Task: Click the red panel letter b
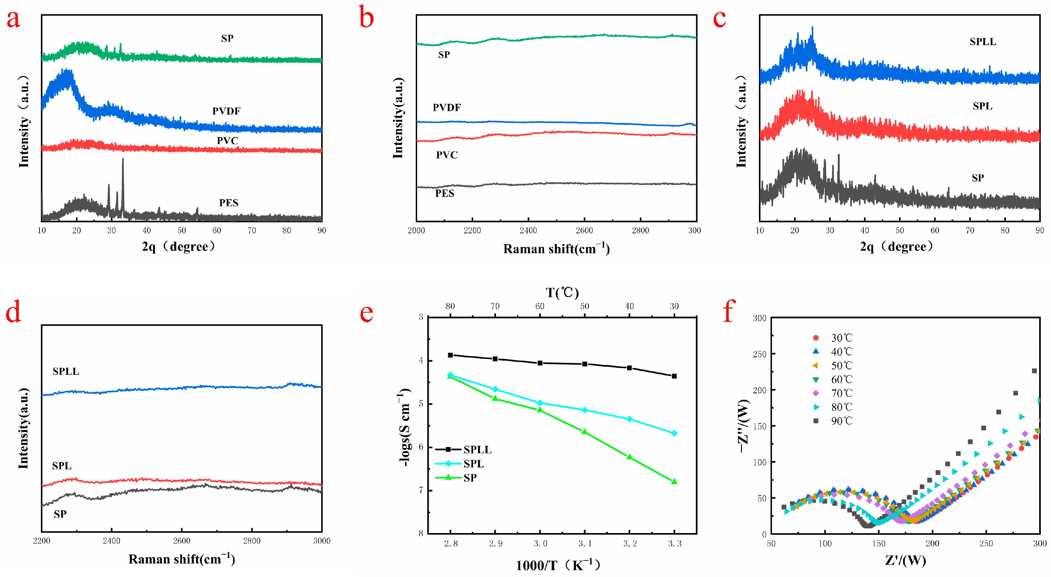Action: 366,19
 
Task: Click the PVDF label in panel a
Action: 226,111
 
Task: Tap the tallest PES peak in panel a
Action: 123,160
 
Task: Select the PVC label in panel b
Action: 446,155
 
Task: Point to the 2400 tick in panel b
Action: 528,230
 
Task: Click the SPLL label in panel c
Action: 983,42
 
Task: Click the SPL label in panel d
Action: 62,466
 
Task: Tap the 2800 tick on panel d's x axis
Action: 251,541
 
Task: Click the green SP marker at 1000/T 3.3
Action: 674,482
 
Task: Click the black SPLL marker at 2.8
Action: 451,355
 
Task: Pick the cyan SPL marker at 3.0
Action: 540,403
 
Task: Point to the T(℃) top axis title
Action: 562,292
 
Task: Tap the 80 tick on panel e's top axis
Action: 450,306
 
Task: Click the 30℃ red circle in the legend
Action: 816,338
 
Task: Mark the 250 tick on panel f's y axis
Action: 759,354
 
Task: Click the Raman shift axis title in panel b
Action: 556,248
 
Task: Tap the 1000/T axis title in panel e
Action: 558,565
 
